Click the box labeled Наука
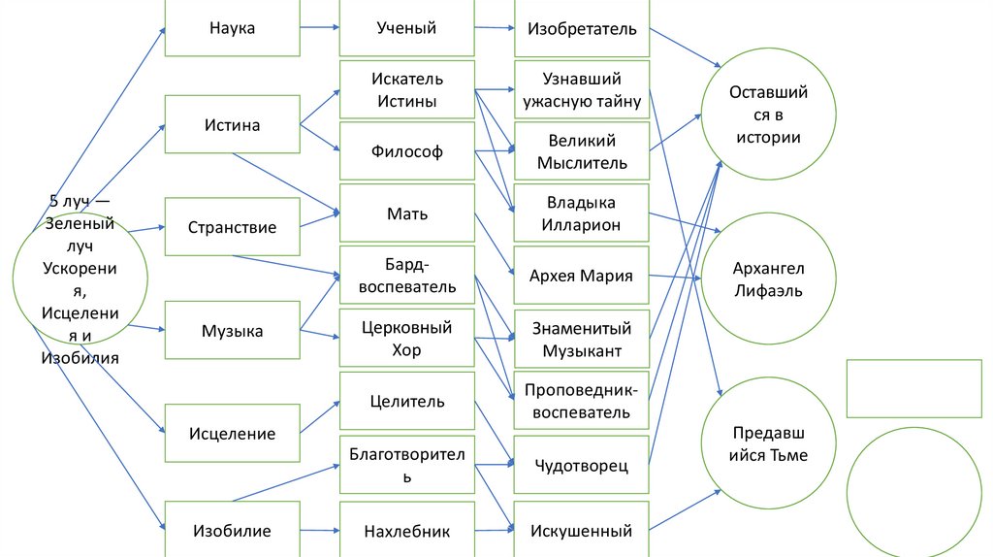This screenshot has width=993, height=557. pos(232,28)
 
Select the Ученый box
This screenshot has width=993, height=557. pos(406,28)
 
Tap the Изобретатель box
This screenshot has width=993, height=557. pos(581,28)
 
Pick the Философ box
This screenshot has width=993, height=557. pos(406,151)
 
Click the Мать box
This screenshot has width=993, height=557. pos(406,213)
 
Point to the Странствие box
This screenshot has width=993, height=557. pos(232,227)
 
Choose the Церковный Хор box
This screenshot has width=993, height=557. pos(406,338)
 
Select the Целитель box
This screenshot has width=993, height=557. pos(406,401)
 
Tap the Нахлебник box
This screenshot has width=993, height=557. pos(406,531)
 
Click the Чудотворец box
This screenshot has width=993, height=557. pos(581,466)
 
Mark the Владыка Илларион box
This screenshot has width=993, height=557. pos(581,213)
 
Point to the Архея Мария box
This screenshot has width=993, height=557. pos(581,276)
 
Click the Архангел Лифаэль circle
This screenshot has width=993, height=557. pos(767,279)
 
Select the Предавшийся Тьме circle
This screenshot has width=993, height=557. pos(767,443)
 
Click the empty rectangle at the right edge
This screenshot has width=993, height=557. pos(915,389)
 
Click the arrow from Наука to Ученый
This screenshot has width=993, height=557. pos(319,28)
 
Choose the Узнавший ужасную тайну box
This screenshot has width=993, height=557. pos(581,89)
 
